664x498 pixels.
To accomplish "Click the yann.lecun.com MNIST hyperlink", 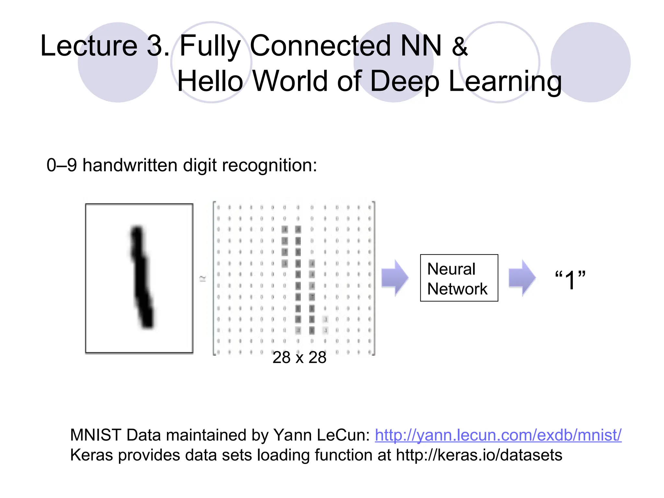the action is pos(498,435).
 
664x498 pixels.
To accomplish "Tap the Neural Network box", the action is pos(459,278).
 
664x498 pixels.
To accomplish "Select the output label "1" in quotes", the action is pos(570,279).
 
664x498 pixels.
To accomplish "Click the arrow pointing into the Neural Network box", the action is pos(395,278).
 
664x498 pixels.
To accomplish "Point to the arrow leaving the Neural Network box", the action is pos(522,278).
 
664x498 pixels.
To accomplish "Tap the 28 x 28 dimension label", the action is pos(299,357).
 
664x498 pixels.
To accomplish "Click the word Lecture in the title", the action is pos(89,46).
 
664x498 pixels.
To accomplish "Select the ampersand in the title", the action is pos(459,46).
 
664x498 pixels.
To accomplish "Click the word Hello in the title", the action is pos(210,81).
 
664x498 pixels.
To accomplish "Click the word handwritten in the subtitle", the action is pos(130,165).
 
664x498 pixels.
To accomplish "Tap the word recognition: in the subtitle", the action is pos(269,166).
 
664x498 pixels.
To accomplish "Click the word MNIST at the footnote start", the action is pos(96,435).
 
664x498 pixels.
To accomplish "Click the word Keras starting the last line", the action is pos(92,455).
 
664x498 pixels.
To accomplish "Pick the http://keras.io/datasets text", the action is pos(479,455).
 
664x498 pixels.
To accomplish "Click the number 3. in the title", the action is pos(158,46).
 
